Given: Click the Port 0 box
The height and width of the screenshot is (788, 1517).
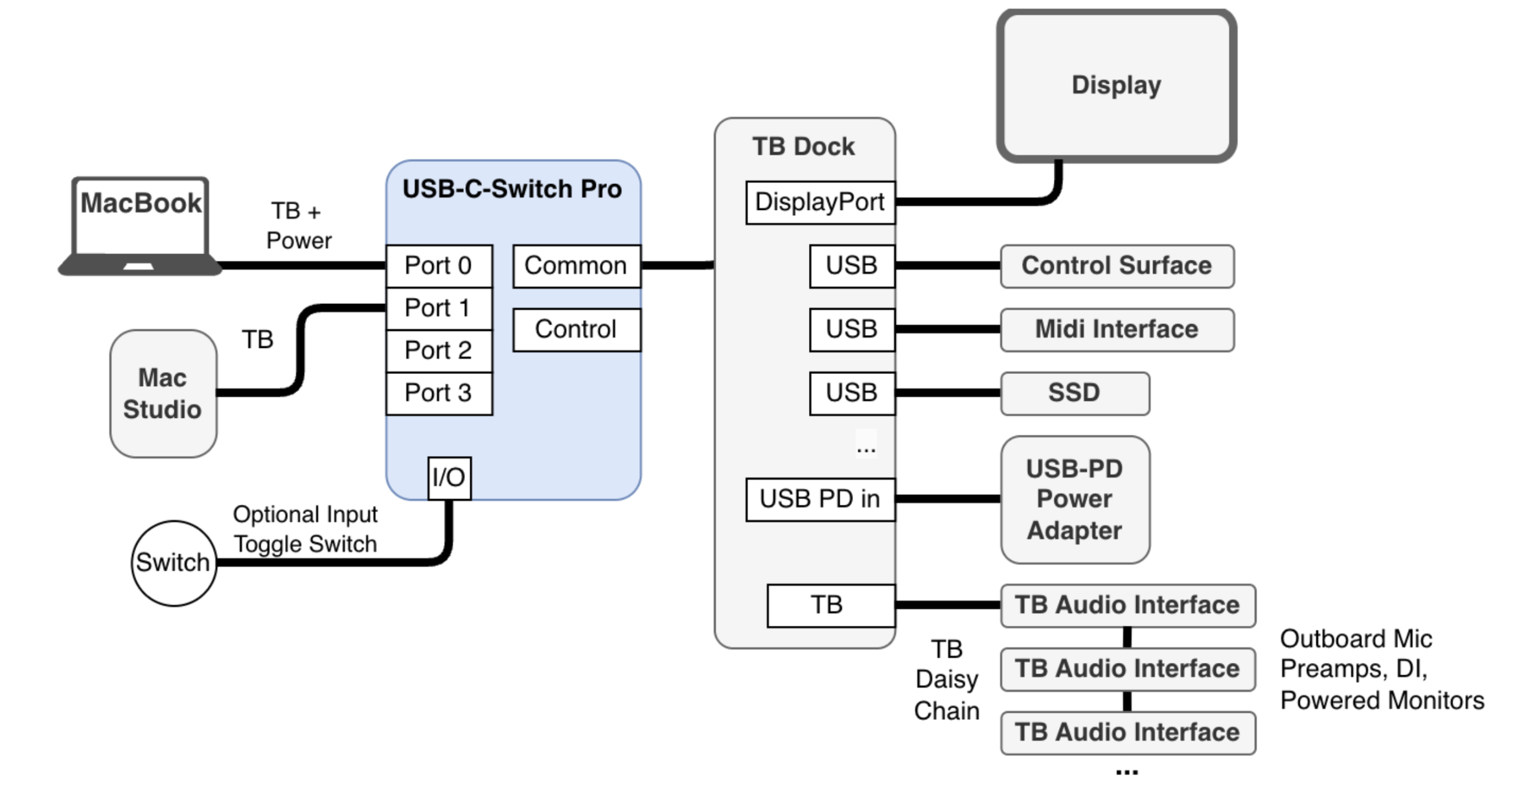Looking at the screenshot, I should point(439,266).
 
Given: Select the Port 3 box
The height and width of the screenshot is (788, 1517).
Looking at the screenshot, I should point(439,393).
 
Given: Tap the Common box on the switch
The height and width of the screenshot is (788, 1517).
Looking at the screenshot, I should point(576,266).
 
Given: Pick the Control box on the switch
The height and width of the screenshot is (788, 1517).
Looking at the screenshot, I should point(576,330).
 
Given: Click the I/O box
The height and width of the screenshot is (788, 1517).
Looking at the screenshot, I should point(449,478).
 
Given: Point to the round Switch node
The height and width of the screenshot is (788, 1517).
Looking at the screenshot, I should point(173,562).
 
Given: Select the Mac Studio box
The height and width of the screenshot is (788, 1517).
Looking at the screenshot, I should point(163,393).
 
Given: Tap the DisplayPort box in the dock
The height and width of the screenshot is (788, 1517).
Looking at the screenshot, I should point(819,202).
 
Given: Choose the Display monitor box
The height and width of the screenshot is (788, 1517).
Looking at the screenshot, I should point(1116,86).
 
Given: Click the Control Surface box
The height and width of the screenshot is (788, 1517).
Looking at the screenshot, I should point(1117,266).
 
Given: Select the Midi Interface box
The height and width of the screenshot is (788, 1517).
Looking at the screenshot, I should point(1117,329).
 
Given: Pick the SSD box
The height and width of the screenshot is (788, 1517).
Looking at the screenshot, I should point(1075,393).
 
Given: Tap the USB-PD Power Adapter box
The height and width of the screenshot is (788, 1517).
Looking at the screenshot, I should point(1075,499).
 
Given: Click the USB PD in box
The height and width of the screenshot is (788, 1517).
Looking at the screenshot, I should point(819,499).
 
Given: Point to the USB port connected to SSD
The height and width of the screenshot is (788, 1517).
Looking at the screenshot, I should point(851,393).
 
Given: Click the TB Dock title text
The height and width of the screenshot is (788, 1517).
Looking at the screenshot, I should point(803,146).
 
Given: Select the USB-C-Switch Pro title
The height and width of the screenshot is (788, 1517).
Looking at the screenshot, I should point(512,189).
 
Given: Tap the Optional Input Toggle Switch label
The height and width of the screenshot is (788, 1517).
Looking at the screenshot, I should point(305,529).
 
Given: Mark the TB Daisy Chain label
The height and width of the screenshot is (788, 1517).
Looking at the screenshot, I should point(946,680).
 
